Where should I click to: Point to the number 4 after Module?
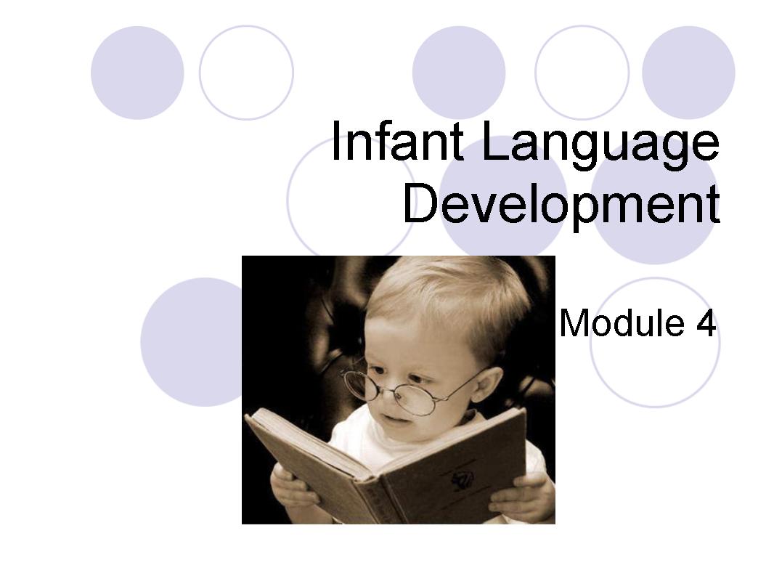pyautogui.click(x=706, y=323)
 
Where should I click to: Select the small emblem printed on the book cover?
pyautogui.click(x=462, y=479)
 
